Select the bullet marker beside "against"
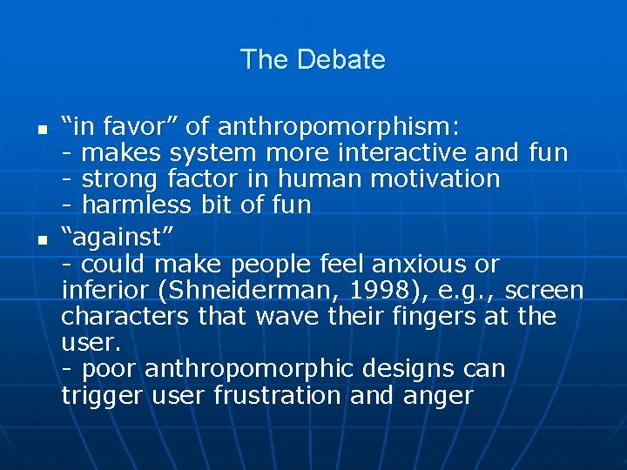click(x=29, y=238)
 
